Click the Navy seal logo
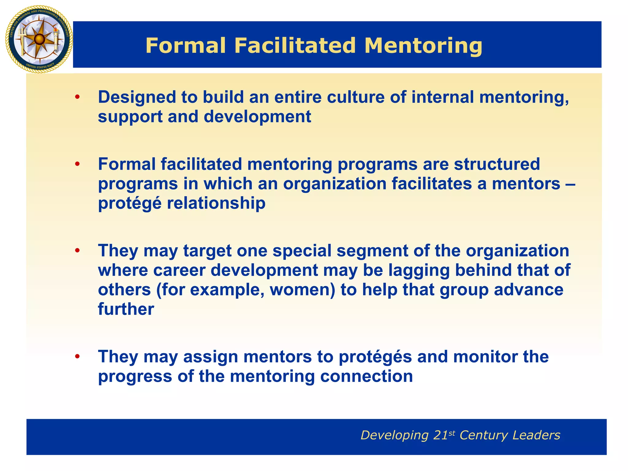(39, 39)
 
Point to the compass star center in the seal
(39, 39)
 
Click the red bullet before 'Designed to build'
(77, 97)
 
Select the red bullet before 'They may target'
(77, 251)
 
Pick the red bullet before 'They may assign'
(77, 357)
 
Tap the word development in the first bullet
(257, 117)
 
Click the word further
(126, 309)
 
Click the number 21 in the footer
(441, 435)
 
